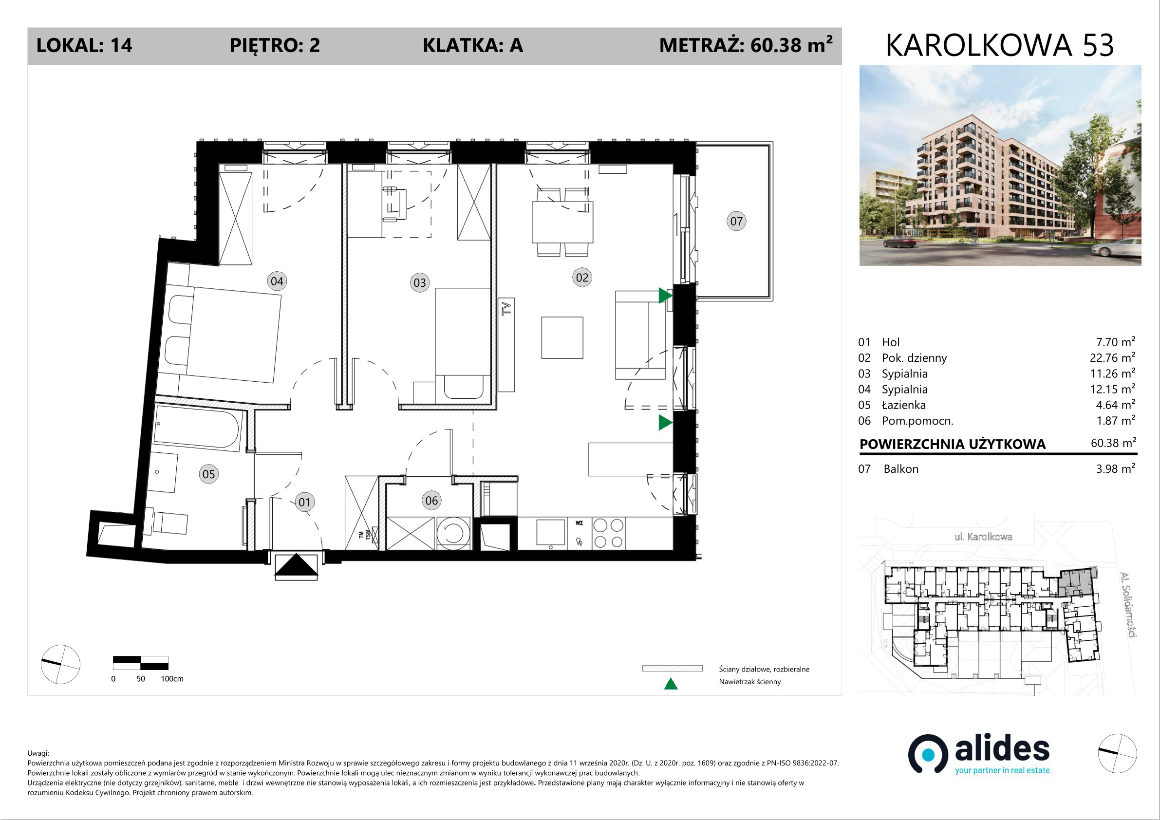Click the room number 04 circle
(277, 281)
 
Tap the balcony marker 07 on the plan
(736, 221)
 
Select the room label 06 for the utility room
(431, 500)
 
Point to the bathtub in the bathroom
(197, 429)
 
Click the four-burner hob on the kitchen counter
(608, 534)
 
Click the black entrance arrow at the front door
(296, 565)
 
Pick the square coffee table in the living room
(562, 337)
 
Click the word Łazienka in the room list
(904, 405)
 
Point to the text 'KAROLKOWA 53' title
(1000, 45)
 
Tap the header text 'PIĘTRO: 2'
(275, 45)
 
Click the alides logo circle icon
(928, 754)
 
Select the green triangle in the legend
(671, 684)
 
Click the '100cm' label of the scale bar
(172, 678)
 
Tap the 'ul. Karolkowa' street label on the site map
(983, 537)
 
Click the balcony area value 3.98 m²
(1116, 468)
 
